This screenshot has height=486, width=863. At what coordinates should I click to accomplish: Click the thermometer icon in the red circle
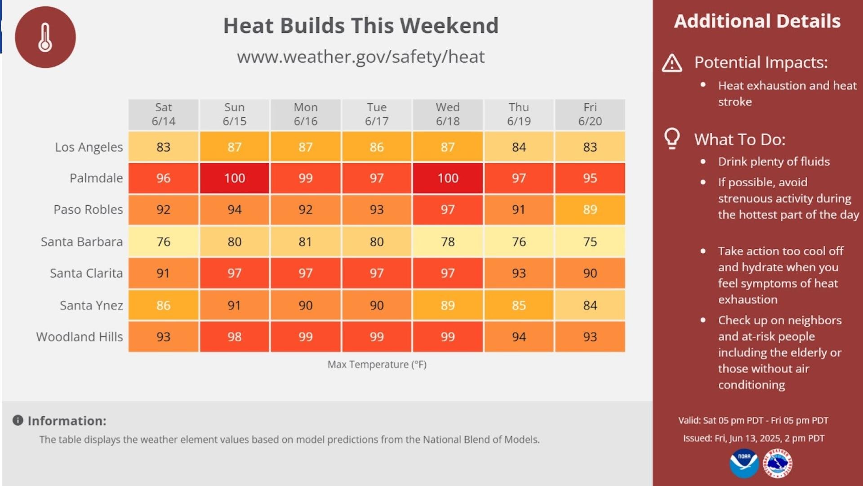point(45,37)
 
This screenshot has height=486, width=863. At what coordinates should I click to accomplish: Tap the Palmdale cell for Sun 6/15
point(234,178)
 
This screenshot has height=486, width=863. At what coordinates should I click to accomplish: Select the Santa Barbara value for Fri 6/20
point(590,242)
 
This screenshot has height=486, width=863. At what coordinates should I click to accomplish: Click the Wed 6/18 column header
point(447,114)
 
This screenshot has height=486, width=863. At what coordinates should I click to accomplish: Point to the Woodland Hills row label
point(80,337)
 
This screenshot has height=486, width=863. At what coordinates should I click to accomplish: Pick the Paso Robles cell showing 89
point(590,210)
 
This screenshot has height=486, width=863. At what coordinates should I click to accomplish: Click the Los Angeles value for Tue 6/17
point(376,147)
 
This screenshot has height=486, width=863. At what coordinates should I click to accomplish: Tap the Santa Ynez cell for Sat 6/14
point(163,306)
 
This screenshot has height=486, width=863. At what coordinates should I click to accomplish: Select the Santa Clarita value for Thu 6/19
point(518,273)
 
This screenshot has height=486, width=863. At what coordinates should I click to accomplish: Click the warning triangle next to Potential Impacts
point(672,63)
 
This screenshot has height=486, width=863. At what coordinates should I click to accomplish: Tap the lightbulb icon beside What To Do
point(672,138)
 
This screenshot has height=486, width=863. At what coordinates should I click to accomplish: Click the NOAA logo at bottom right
point(744,463)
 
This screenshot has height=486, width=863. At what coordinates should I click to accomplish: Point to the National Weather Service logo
point(778,463)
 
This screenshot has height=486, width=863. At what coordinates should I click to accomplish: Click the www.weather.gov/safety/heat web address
point(360,57)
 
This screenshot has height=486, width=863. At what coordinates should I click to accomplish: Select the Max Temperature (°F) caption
point(377,364)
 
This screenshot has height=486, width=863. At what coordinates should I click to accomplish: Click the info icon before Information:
point(18,420)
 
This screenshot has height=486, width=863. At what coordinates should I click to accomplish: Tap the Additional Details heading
point(757,22)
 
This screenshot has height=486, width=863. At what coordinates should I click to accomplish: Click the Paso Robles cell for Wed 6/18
point(447,210)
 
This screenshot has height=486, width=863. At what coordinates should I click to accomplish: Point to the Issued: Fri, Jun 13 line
point(754,438)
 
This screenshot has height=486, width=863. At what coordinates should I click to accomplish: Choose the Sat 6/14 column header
point(163,114)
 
